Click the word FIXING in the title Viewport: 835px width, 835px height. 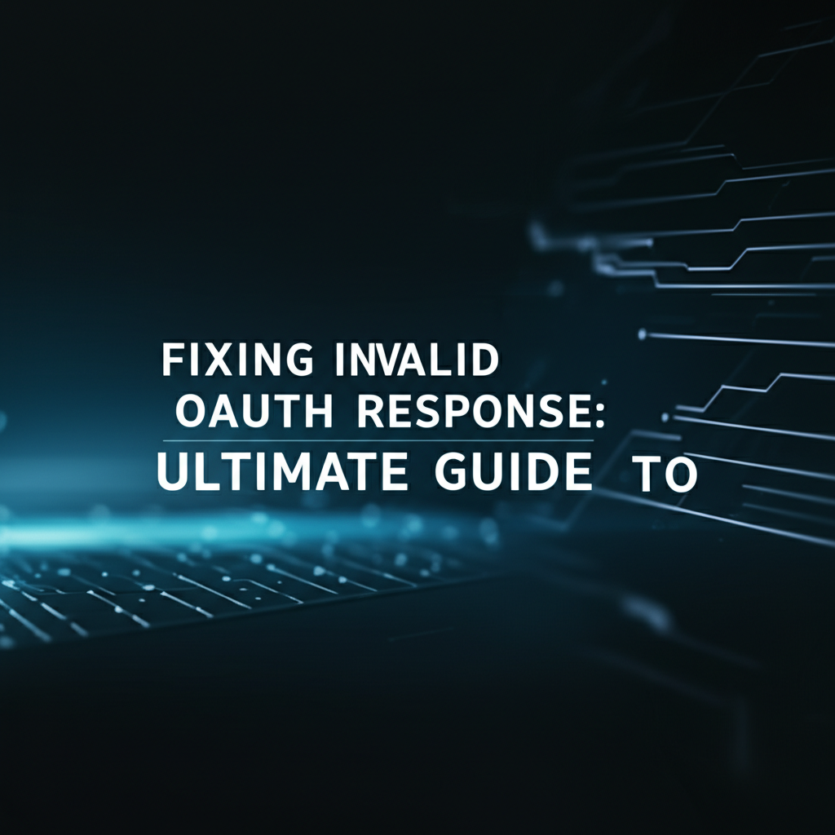point(237,360)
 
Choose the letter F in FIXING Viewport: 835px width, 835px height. point(173,360)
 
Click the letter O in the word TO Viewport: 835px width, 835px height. point(680,475)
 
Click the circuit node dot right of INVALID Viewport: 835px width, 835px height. point(643,334)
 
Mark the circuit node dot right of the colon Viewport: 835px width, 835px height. point(665,417)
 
